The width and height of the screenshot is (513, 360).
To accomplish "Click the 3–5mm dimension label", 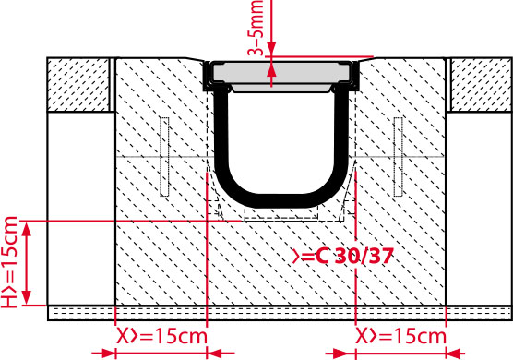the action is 256,28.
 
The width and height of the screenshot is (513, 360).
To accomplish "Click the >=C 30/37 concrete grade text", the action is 342,256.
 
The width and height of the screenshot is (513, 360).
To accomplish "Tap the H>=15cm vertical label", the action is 9,262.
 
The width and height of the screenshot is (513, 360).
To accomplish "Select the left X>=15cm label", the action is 162,336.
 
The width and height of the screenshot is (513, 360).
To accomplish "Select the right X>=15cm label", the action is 400,336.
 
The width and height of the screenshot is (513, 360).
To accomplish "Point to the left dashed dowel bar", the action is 164,157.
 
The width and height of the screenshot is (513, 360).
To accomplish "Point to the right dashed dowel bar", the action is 399,157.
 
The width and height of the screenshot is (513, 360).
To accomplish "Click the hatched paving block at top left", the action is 78,84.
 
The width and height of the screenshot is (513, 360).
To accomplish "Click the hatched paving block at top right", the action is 482,84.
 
